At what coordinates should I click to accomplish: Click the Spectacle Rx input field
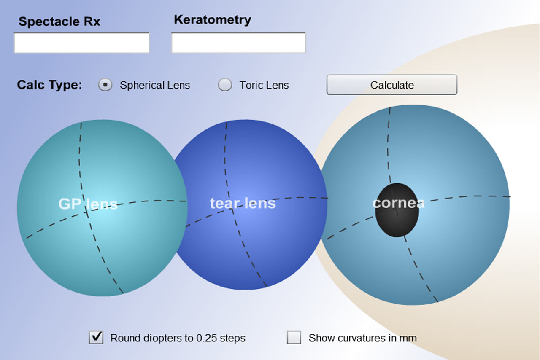[x=81, y=43]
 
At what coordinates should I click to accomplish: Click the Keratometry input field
[x=238, y=43]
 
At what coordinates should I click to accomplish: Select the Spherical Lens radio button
[x=105, y=85]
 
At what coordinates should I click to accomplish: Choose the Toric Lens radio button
[x=225, y=85]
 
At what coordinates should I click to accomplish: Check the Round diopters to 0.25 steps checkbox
[x=96, y=338]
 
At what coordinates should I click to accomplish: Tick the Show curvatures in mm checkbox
[x=294, y=338]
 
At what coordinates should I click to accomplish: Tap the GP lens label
[x=88, y=204]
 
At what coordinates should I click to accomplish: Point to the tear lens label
[x=243, y=203]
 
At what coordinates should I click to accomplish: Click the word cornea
[x=398, y=203]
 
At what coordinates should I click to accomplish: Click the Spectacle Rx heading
[x=59, y=22]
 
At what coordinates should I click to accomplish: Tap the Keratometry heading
[x=212, y=20]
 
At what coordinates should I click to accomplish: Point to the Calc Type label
[x=49, y=85]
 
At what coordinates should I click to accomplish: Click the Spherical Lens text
[x=155, y=85]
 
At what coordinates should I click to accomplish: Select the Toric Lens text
[x=264, y=85]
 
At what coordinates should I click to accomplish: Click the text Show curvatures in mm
[x=362, y=338]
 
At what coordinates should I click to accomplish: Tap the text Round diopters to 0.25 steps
[x=178, y=338]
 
